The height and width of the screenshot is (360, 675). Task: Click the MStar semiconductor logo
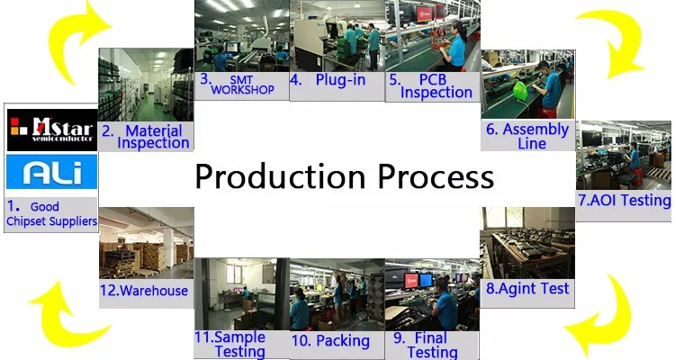51,130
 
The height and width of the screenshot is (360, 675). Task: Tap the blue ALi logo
51,172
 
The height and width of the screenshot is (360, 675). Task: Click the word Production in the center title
280,176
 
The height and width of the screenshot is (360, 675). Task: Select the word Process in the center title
436,176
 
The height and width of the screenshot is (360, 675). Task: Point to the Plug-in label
328,80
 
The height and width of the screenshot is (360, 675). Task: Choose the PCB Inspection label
430,86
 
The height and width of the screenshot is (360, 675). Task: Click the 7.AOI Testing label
625,200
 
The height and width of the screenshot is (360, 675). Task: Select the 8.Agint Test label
527,289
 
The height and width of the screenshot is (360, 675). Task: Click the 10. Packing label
330,341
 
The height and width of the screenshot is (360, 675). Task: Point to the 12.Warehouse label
144,291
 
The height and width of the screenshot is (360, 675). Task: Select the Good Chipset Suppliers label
51,213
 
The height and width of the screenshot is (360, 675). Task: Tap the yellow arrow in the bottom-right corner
603,319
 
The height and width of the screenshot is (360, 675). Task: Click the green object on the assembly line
520,92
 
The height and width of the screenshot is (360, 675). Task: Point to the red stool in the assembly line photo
546,112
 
